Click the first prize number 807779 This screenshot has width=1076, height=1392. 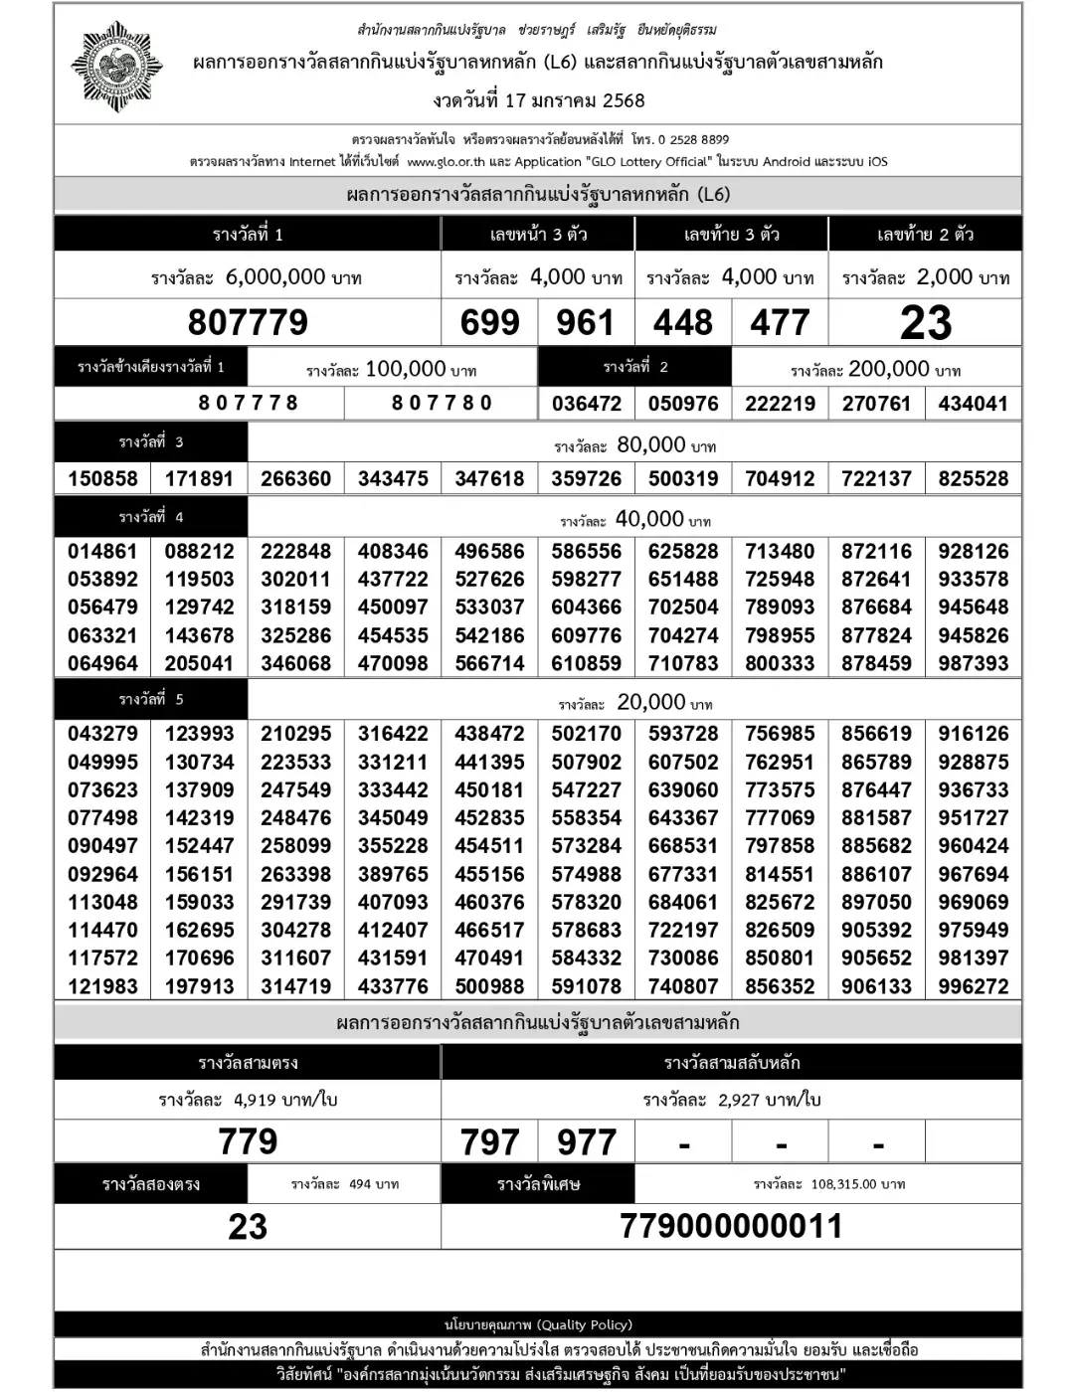(x=248, y=322)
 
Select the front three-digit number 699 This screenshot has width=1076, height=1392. (x=489, y=322)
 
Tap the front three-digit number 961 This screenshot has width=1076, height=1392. (x=585, y=322)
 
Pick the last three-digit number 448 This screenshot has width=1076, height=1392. (x=683, y=322)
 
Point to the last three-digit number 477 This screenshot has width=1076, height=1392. (x=780, y=322)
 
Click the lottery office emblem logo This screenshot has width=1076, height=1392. (x=116, y=66)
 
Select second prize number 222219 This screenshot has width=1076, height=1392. (x=780, y=404)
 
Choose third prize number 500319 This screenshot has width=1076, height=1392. (x=683, y=478)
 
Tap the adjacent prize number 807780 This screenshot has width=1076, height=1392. (x=442, y=403)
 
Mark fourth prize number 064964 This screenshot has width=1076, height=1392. (x=102, y=663)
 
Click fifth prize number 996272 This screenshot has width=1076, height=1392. (x=973, y=986)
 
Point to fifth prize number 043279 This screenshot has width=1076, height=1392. (x=102, y=734)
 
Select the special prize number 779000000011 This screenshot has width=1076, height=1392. (x=731, y=1226)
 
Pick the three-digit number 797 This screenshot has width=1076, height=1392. (x=489, y=1142)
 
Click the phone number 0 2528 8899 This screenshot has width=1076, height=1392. (x=693, y=140)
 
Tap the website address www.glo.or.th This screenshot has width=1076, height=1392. (x=446, y=162)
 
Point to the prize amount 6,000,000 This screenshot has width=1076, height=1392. (x=275, y=276)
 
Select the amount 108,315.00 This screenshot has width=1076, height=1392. (x=844, y=1184)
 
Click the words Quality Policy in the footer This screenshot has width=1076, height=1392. (x=584, y=1324)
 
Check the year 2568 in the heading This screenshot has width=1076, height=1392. (x=623, y=100)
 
